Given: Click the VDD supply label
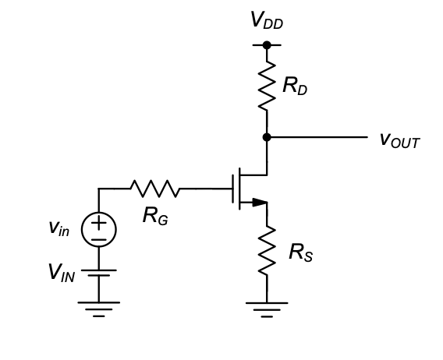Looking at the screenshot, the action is click(267, 20).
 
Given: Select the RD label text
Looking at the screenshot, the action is click(295, 86).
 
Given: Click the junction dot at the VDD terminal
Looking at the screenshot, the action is click(267, 45).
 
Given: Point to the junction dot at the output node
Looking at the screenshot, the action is click(267, 137).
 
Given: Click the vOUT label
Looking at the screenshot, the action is click(400, 140).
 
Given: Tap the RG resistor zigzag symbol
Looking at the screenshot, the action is click(155, 189).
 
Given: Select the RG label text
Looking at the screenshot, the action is click(155, 216).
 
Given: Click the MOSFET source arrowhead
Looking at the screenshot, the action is click(260, 203).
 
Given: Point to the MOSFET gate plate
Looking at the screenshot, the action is click(233, 189).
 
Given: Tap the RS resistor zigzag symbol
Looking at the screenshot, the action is click(267, 250).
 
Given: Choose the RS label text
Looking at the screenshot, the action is click(301, 252).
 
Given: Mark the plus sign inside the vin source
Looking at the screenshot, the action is click(99, 223).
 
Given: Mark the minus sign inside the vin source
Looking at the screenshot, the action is click(99, 240).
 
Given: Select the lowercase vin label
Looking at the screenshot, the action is click(59, 228).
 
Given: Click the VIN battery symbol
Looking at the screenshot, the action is click(99, 273).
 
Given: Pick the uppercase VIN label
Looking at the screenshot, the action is click(62, 273).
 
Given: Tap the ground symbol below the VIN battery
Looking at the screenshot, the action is click(99, 309).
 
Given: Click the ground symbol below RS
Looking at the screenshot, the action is click(267, 310).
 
